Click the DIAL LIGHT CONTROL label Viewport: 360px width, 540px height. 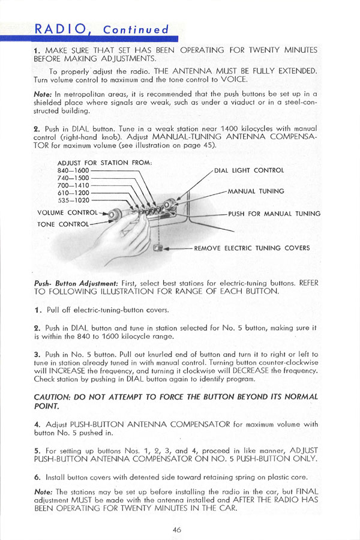(x=248, y=170)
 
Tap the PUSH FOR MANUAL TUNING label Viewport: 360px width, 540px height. (x=274, y=214)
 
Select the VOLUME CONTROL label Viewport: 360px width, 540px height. (x=67, y=212)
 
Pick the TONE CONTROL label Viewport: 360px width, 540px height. (x=62, y=224)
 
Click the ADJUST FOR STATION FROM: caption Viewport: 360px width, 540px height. (x=105, y=163)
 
